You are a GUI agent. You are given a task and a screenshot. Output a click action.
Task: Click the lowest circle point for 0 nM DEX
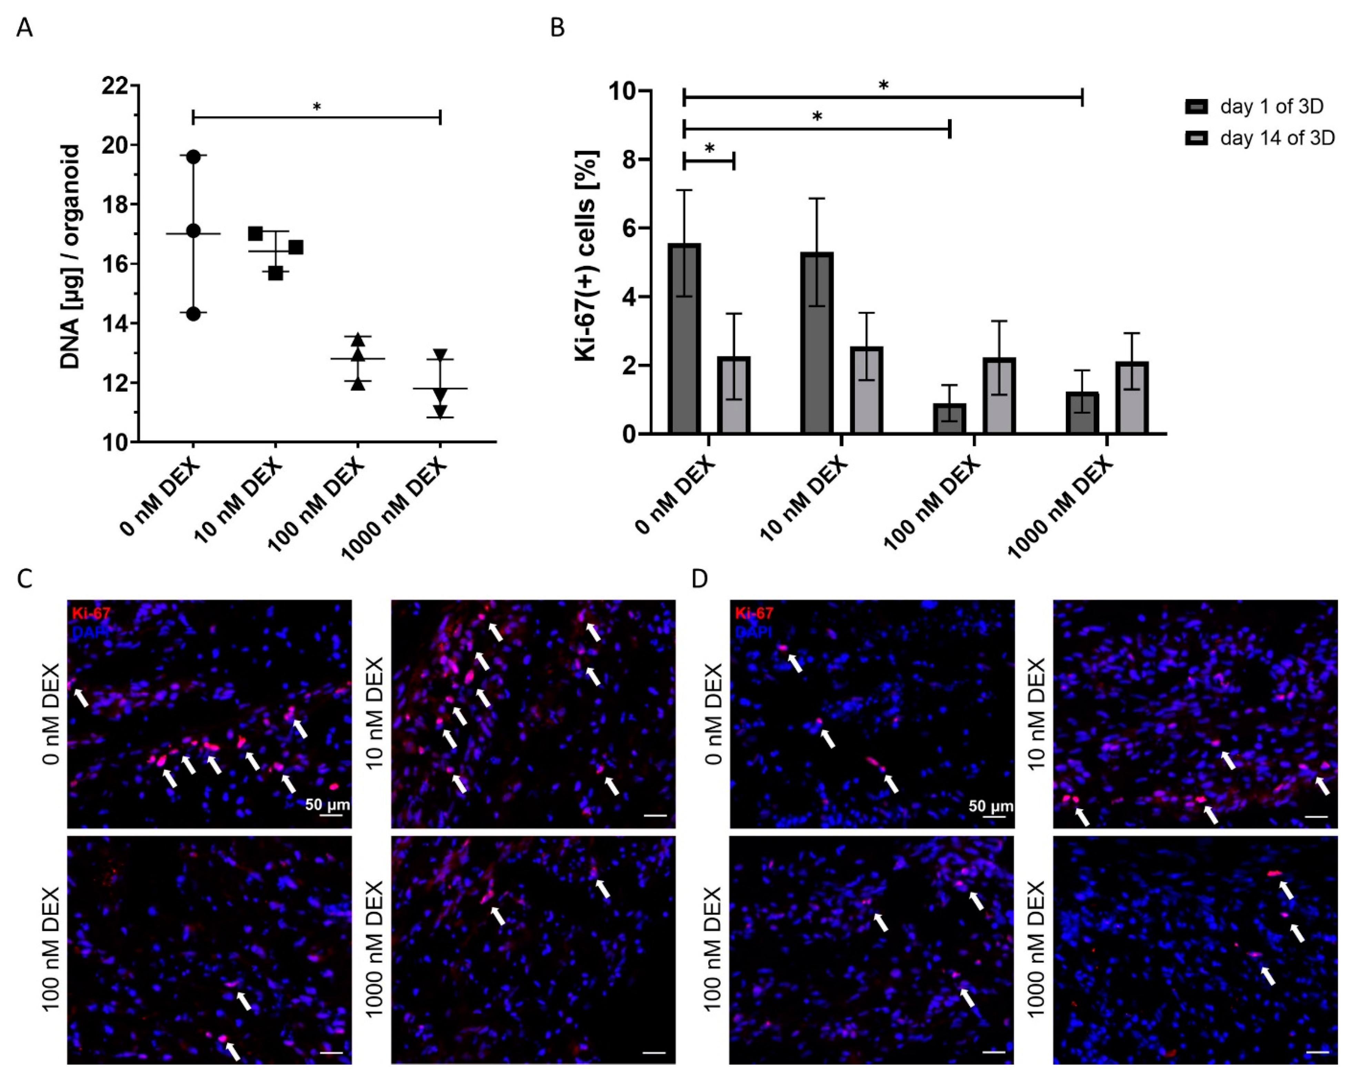(193, 313)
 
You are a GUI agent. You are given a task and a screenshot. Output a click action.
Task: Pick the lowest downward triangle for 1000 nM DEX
(440, 412)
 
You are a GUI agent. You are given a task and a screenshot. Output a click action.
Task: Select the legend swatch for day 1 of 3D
(1196, 107)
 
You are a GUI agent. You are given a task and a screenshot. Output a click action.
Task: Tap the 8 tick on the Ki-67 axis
(628, 160)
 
